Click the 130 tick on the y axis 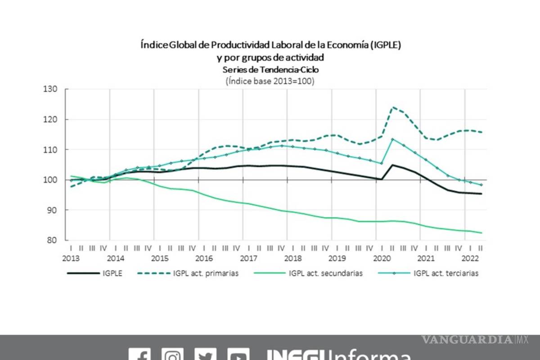[51, 89]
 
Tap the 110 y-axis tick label [51, 149]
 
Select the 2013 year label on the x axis [71, 259]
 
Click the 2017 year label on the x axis [248, 259]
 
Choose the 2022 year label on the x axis [471, 259]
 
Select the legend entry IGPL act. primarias [206, 273]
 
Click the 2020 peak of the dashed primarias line [393, 107]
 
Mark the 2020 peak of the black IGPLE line [393, 165]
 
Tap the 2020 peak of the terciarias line [393, 139]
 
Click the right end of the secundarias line [482, 233]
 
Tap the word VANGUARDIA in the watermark [467, 340]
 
